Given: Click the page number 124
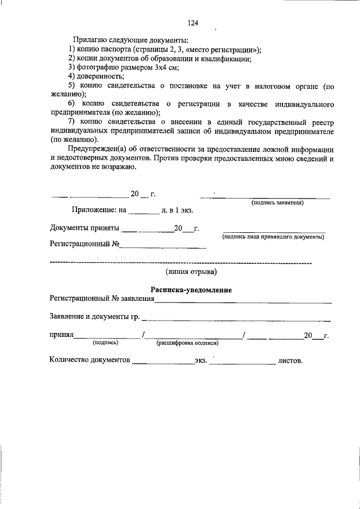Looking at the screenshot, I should pos(193,23).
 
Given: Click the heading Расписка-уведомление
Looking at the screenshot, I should pos(191,290).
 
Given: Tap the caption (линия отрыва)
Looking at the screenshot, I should pos(191,272).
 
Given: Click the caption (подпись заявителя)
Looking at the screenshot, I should pos(277,202).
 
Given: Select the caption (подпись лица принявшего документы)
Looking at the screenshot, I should pos(273,237).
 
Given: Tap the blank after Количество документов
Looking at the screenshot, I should pos(163,359).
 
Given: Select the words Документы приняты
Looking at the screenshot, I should pos(84,228).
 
